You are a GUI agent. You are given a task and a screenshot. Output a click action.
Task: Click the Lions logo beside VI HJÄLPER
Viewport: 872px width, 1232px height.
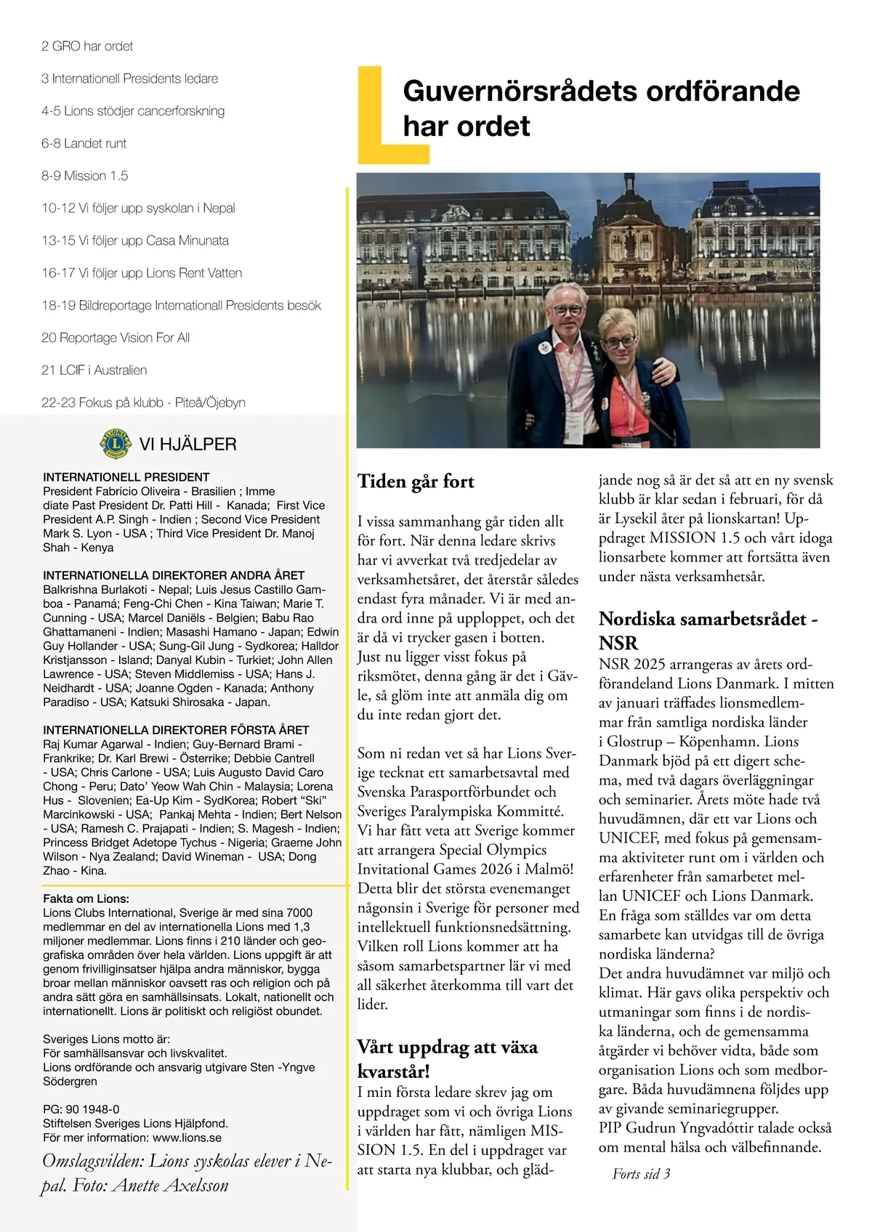pyautogui.click(x=114, y=444)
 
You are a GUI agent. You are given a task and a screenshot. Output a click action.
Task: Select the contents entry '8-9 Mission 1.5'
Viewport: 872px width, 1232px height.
pyautogui.click(x=84, y=176)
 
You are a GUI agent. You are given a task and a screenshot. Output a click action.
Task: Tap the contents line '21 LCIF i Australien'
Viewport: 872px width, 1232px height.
pyautogui.click(x=94, y=370)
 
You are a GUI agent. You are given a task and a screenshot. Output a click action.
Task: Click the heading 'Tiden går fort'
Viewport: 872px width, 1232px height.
pyautogui.click(x=416, y=482)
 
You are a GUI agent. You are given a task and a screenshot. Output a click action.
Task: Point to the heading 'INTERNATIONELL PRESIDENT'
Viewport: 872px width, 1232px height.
pyautogui.click(x=126, y=477)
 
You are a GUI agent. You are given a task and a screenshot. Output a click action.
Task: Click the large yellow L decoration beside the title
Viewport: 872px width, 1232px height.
pyautogui.click(x=378, y=116)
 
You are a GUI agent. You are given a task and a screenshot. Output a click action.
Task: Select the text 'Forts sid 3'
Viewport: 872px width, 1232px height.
pyautogui.click(x=641, y=1173)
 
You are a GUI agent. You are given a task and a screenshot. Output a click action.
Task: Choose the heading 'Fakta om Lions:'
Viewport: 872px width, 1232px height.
pyautogui.click(x=86, y=899)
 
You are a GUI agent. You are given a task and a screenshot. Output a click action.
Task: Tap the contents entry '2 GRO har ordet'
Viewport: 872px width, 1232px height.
pyautogui.click(x=87, y=46)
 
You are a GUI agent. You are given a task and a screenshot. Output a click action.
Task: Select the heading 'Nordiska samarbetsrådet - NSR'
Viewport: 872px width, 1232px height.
pyautogui.click(x=708, y=631)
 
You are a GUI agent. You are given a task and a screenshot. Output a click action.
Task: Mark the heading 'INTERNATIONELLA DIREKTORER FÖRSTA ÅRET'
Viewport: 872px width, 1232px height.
pyautogui.click(x=176, y=730)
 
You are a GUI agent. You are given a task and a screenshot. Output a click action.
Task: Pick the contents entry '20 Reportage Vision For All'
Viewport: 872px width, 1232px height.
pyautogui.click(x=116, y=338)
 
